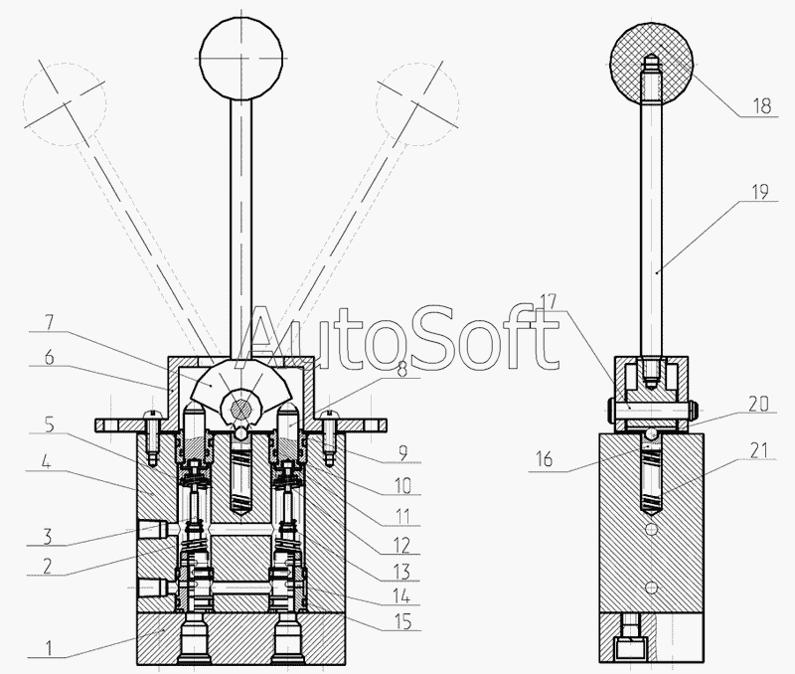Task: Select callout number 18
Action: (x=762, y=103)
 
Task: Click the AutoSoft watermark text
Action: (x=402, y=338)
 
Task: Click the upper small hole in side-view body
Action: (x=650, y=530)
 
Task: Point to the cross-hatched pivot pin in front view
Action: (x=241, y=406)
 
